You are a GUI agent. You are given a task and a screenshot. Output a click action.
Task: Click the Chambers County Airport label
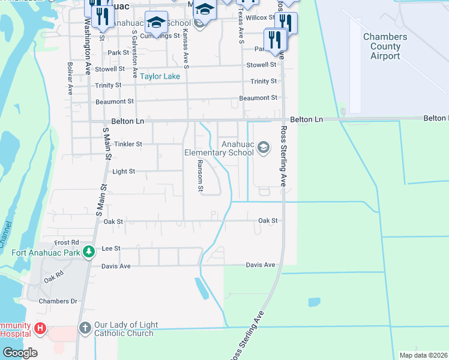point(385,46)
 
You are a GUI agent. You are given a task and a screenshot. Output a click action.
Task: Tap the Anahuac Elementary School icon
point(263,147)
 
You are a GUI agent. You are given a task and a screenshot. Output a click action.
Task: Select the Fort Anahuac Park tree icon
point(89,252)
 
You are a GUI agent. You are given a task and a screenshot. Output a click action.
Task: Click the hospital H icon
point(40,329)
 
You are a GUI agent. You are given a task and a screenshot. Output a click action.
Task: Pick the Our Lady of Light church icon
point(85,329)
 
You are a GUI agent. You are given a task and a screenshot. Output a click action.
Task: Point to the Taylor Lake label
point(160,77)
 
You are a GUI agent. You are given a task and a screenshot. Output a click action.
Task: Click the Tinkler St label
point(127,144)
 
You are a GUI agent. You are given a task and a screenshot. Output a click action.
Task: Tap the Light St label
point(124,171)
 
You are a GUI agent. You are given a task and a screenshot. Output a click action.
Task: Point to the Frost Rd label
point(67,242)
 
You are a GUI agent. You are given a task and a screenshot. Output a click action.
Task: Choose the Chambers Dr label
point(58,301)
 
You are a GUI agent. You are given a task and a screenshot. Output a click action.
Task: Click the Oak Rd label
point(53,278)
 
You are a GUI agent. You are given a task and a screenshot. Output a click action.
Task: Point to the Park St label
point(118,53)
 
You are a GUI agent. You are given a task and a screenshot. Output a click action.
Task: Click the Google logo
point(20,353)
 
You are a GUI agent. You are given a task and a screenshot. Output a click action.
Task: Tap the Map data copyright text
point(423,355)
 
